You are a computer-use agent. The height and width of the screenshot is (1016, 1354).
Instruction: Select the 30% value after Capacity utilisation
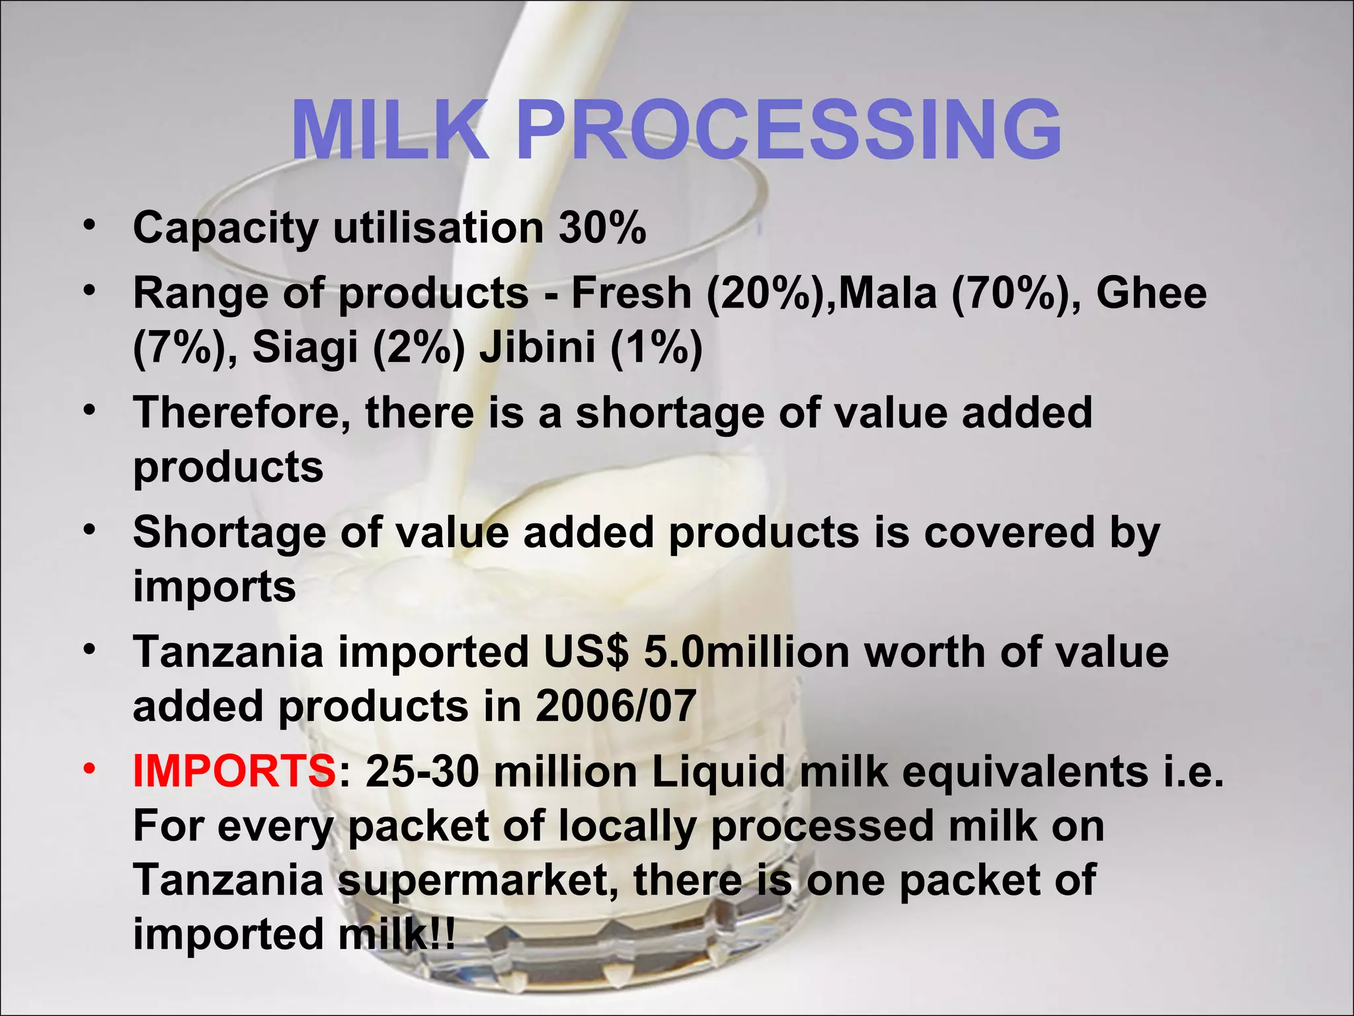tap(602, 228)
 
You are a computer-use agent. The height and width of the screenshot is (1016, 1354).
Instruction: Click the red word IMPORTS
tap(235, 772)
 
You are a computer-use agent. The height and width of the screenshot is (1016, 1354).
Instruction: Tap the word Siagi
tap(305, 347)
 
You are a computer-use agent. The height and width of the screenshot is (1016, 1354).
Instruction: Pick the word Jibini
tap(538, 347)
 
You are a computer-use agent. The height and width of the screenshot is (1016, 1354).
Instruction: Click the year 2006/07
tap(616, 706)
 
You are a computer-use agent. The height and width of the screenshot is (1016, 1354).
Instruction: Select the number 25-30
tap(422, 772)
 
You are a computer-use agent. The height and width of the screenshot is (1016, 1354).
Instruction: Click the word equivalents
tap(1025, 772)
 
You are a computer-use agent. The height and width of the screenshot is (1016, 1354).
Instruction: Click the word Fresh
tap(631, 293)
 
